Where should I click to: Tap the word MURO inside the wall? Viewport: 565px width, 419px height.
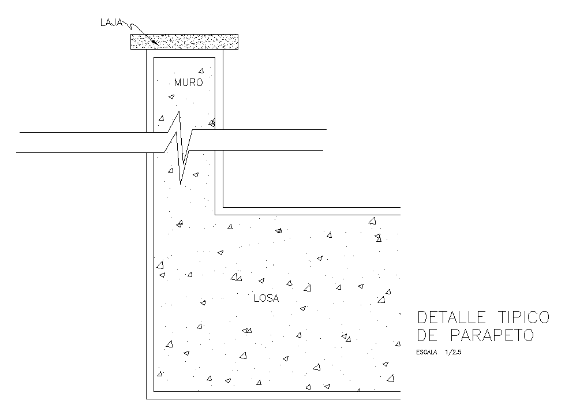point(188,83)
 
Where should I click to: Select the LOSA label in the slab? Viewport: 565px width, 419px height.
point(266,298)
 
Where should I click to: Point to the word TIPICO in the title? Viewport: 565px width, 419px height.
point(521,317)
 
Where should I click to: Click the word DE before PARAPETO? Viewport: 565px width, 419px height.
point(426,335)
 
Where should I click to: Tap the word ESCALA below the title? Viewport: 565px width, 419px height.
point(426,351)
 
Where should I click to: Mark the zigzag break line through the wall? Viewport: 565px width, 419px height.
point(181,147)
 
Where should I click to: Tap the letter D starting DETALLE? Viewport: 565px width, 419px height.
point(421,317)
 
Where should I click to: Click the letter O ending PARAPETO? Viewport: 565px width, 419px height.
point(528,335)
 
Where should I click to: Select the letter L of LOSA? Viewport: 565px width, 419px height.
point(256,298)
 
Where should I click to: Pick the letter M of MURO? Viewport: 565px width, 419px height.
point(178,83)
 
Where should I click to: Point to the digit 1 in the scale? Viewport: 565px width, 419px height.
point(447,351)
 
